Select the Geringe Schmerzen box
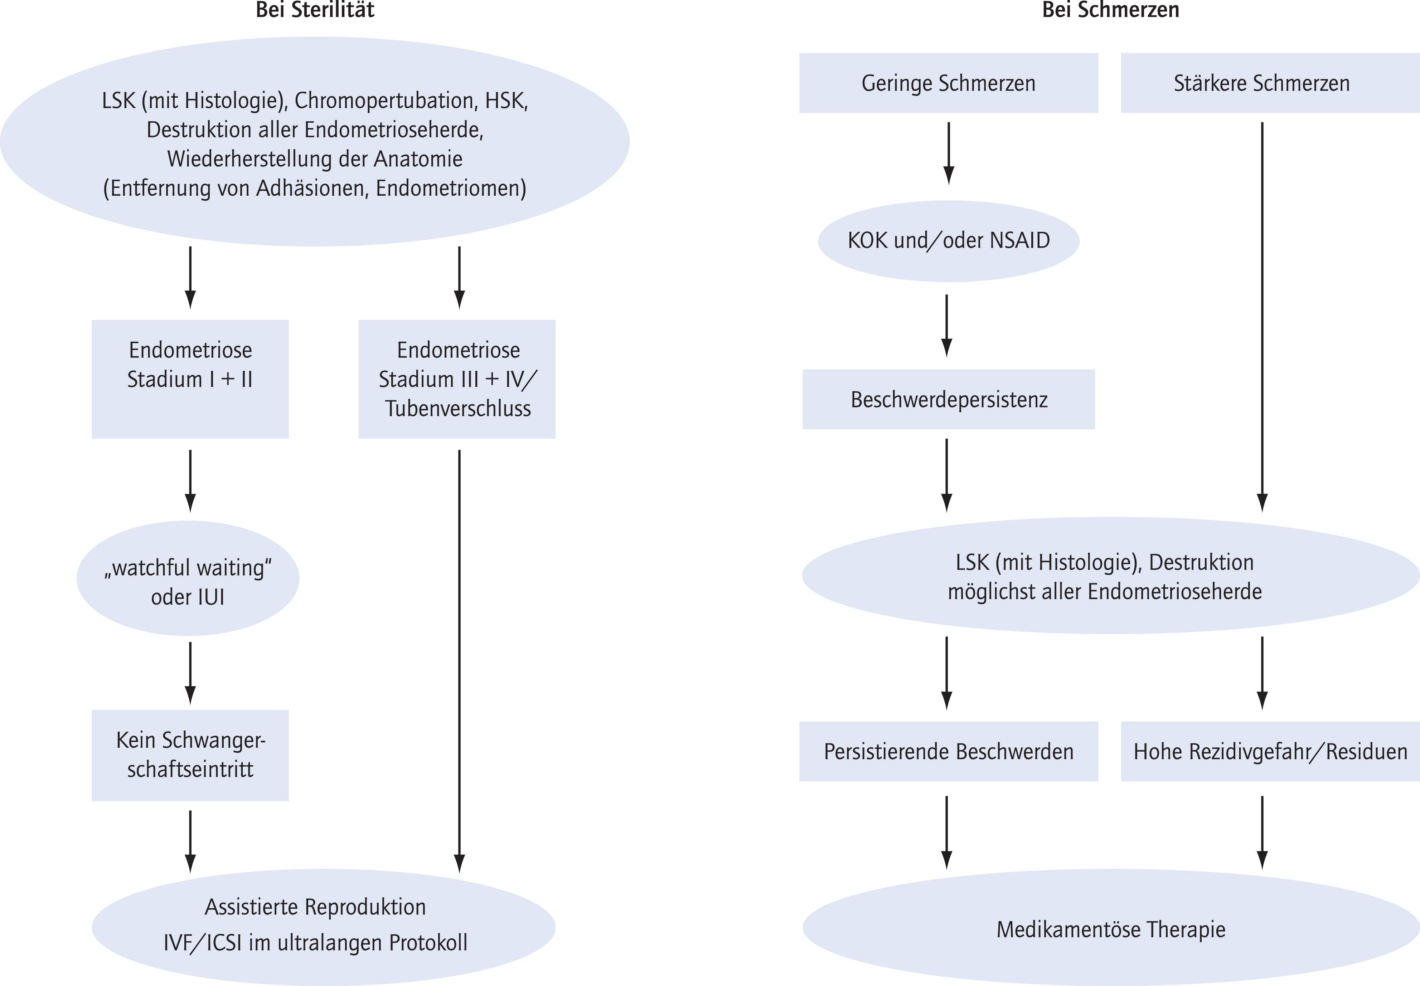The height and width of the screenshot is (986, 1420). coord(949,83)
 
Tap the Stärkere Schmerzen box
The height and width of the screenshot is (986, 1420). coord(1270,83)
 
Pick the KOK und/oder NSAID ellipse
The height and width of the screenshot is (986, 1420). coord(949,241)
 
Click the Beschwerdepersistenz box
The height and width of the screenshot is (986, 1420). coord(949,399)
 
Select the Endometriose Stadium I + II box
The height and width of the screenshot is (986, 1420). coord(190,379)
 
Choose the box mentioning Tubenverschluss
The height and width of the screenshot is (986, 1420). coord(457,379)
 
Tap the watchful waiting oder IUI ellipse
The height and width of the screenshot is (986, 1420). coord(188,578)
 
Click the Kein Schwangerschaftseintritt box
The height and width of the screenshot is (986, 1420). coord(190,755)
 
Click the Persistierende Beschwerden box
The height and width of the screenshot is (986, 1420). coord(949,751)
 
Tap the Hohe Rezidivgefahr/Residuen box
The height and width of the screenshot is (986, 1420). coord(1270,751)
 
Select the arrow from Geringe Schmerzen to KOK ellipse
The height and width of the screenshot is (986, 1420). coord(949,153)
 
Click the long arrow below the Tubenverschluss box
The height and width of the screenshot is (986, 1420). coord(459,661)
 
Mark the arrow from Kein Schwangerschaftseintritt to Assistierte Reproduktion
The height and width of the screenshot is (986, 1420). coord(190,841)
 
